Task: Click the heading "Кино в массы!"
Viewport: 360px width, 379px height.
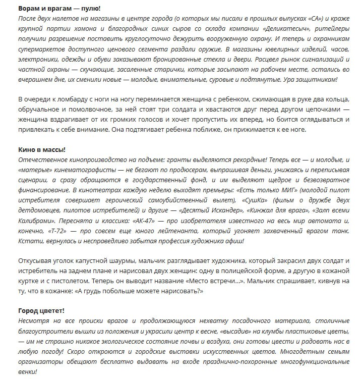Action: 41,150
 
